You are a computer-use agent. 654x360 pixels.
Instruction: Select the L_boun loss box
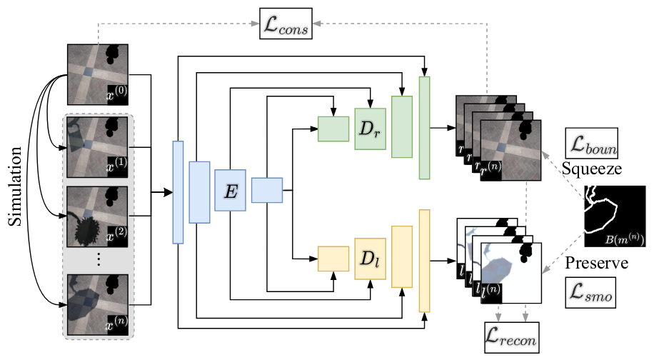(591, 144)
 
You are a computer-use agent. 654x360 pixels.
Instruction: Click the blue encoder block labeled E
(230, 190)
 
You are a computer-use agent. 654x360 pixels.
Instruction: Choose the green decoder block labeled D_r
(369, 129)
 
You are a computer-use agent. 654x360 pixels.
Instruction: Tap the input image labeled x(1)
(98, 147)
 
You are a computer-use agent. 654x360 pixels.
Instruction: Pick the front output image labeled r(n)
(512, 152)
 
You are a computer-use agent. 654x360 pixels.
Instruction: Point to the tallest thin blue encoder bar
(178, 193)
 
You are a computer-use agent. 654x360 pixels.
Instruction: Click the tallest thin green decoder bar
(425, 127)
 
